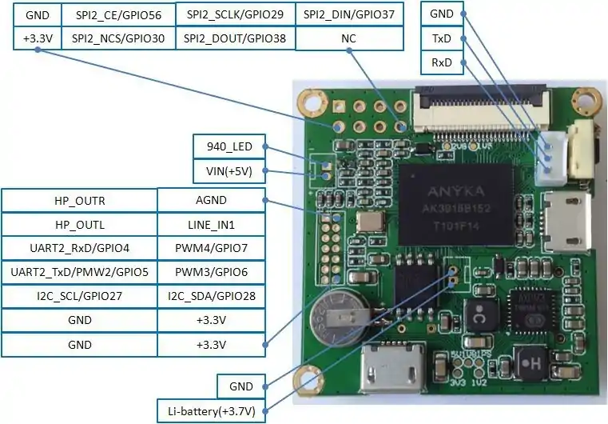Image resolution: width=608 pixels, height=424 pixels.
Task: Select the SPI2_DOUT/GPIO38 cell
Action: (x=235, y=38)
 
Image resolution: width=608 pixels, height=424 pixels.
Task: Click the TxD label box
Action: (x=442, y=38)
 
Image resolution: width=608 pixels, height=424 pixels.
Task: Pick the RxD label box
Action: (x=442, y=62)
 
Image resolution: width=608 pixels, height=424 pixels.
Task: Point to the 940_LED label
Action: (x=229, y=146)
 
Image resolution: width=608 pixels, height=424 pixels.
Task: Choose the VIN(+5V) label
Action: (x=229, y=170)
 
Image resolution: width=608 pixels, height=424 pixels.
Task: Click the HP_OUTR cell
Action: (x=80, y=201)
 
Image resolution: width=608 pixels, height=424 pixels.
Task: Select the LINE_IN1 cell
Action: (x=211, y=225)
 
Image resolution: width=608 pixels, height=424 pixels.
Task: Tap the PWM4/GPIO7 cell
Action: (x=211, y=248)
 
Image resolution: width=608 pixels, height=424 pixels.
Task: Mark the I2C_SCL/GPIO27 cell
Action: (x=80, y=296)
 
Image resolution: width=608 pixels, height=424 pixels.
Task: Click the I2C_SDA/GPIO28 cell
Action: (x=211, y=296)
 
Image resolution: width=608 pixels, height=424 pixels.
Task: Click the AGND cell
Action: (x=211, y=201)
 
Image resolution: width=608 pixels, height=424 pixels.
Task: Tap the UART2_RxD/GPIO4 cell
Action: (x=80, y=248)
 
